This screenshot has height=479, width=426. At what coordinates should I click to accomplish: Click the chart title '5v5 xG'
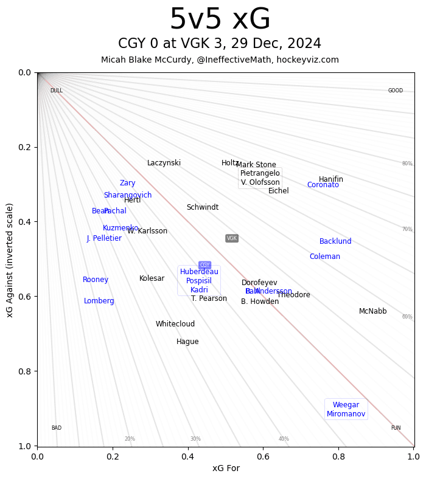(220, 20)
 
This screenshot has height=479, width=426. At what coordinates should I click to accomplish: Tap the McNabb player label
(372, 311)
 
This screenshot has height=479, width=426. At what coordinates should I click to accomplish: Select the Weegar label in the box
(346, 405)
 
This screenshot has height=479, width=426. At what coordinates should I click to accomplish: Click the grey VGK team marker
(232, 238)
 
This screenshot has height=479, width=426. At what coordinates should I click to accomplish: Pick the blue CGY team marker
(204, 265)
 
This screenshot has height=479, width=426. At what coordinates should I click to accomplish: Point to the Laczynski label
(164, 163)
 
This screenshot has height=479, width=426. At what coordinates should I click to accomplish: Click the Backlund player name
(335, 241)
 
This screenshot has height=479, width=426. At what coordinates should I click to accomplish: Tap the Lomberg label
(99, 301)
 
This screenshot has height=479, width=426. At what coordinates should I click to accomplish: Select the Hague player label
(187, 342)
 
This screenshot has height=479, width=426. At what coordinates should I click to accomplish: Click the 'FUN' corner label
(396, 428)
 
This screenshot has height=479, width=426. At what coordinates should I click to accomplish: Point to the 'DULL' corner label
(56, 91)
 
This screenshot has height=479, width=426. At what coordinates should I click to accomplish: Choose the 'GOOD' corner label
(396, 91)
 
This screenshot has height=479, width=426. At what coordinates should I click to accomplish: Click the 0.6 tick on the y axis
(24, 297)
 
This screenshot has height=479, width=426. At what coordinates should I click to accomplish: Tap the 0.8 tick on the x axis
(338, 455)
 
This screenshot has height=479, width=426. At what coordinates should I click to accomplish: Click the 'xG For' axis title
(226, 468)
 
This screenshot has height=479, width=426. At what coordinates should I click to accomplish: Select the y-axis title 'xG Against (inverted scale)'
(10, 260)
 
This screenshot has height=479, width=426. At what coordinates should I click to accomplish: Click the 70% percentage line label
(407, 229)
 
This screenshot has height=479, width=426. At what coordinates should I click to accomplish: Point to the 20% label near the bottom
(130, 439)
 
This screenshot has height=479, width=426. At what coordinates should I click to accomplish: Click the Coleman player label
(324, 257)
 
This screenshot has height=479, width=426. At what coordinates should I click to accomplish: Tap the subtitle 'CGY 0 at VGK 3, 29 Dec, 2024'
(220, 44)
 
